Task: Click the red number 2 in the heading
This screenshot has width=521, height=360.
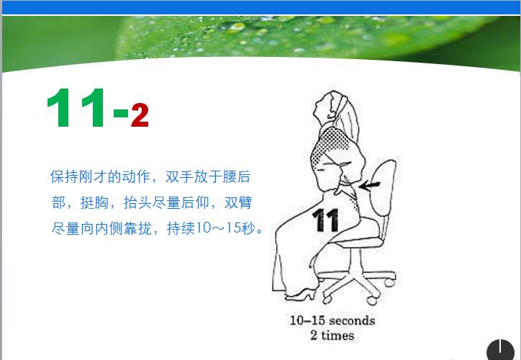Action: pos(140,115)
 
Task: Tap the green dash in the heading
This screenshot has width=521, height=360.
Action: pos(120,113)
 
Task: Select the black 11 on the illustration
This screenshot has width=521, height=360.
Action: pos(325,219)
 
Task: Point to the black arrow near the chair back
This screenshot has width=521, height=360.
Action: pos(369,187)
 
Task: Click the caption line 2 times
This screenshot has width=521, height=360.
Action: pos(332,336)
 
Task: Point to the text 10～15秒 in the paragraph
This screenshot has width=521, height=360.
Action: pos(227,230)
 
